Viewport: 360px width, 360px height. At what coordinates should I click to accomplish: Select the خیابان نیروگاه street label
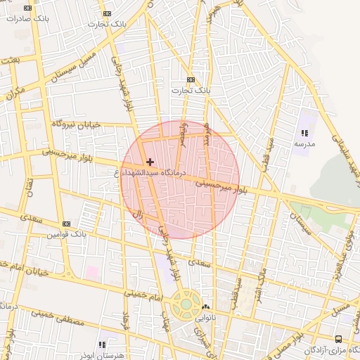pos(75,124)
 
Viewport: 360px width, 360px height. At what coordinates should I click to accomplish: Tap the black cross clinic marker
pos(150,162)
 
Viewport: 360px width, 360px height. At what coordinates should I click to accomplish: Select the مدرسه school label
pos(304,143)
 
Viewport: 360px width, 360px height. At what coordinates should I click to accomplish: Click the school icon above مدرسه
pos(304,133)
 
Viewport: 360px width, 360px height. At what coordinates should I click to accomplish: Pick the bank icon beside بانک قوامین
pos(66,224)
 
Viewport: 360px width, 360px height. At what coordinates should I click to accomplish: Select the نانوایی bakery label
pos(205,317)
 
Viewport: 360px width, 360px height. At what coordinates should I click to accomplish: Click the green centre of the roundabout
pos(186,304)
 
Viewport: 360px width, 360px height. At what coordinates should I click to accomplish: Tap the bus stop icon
pos(339,339)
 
